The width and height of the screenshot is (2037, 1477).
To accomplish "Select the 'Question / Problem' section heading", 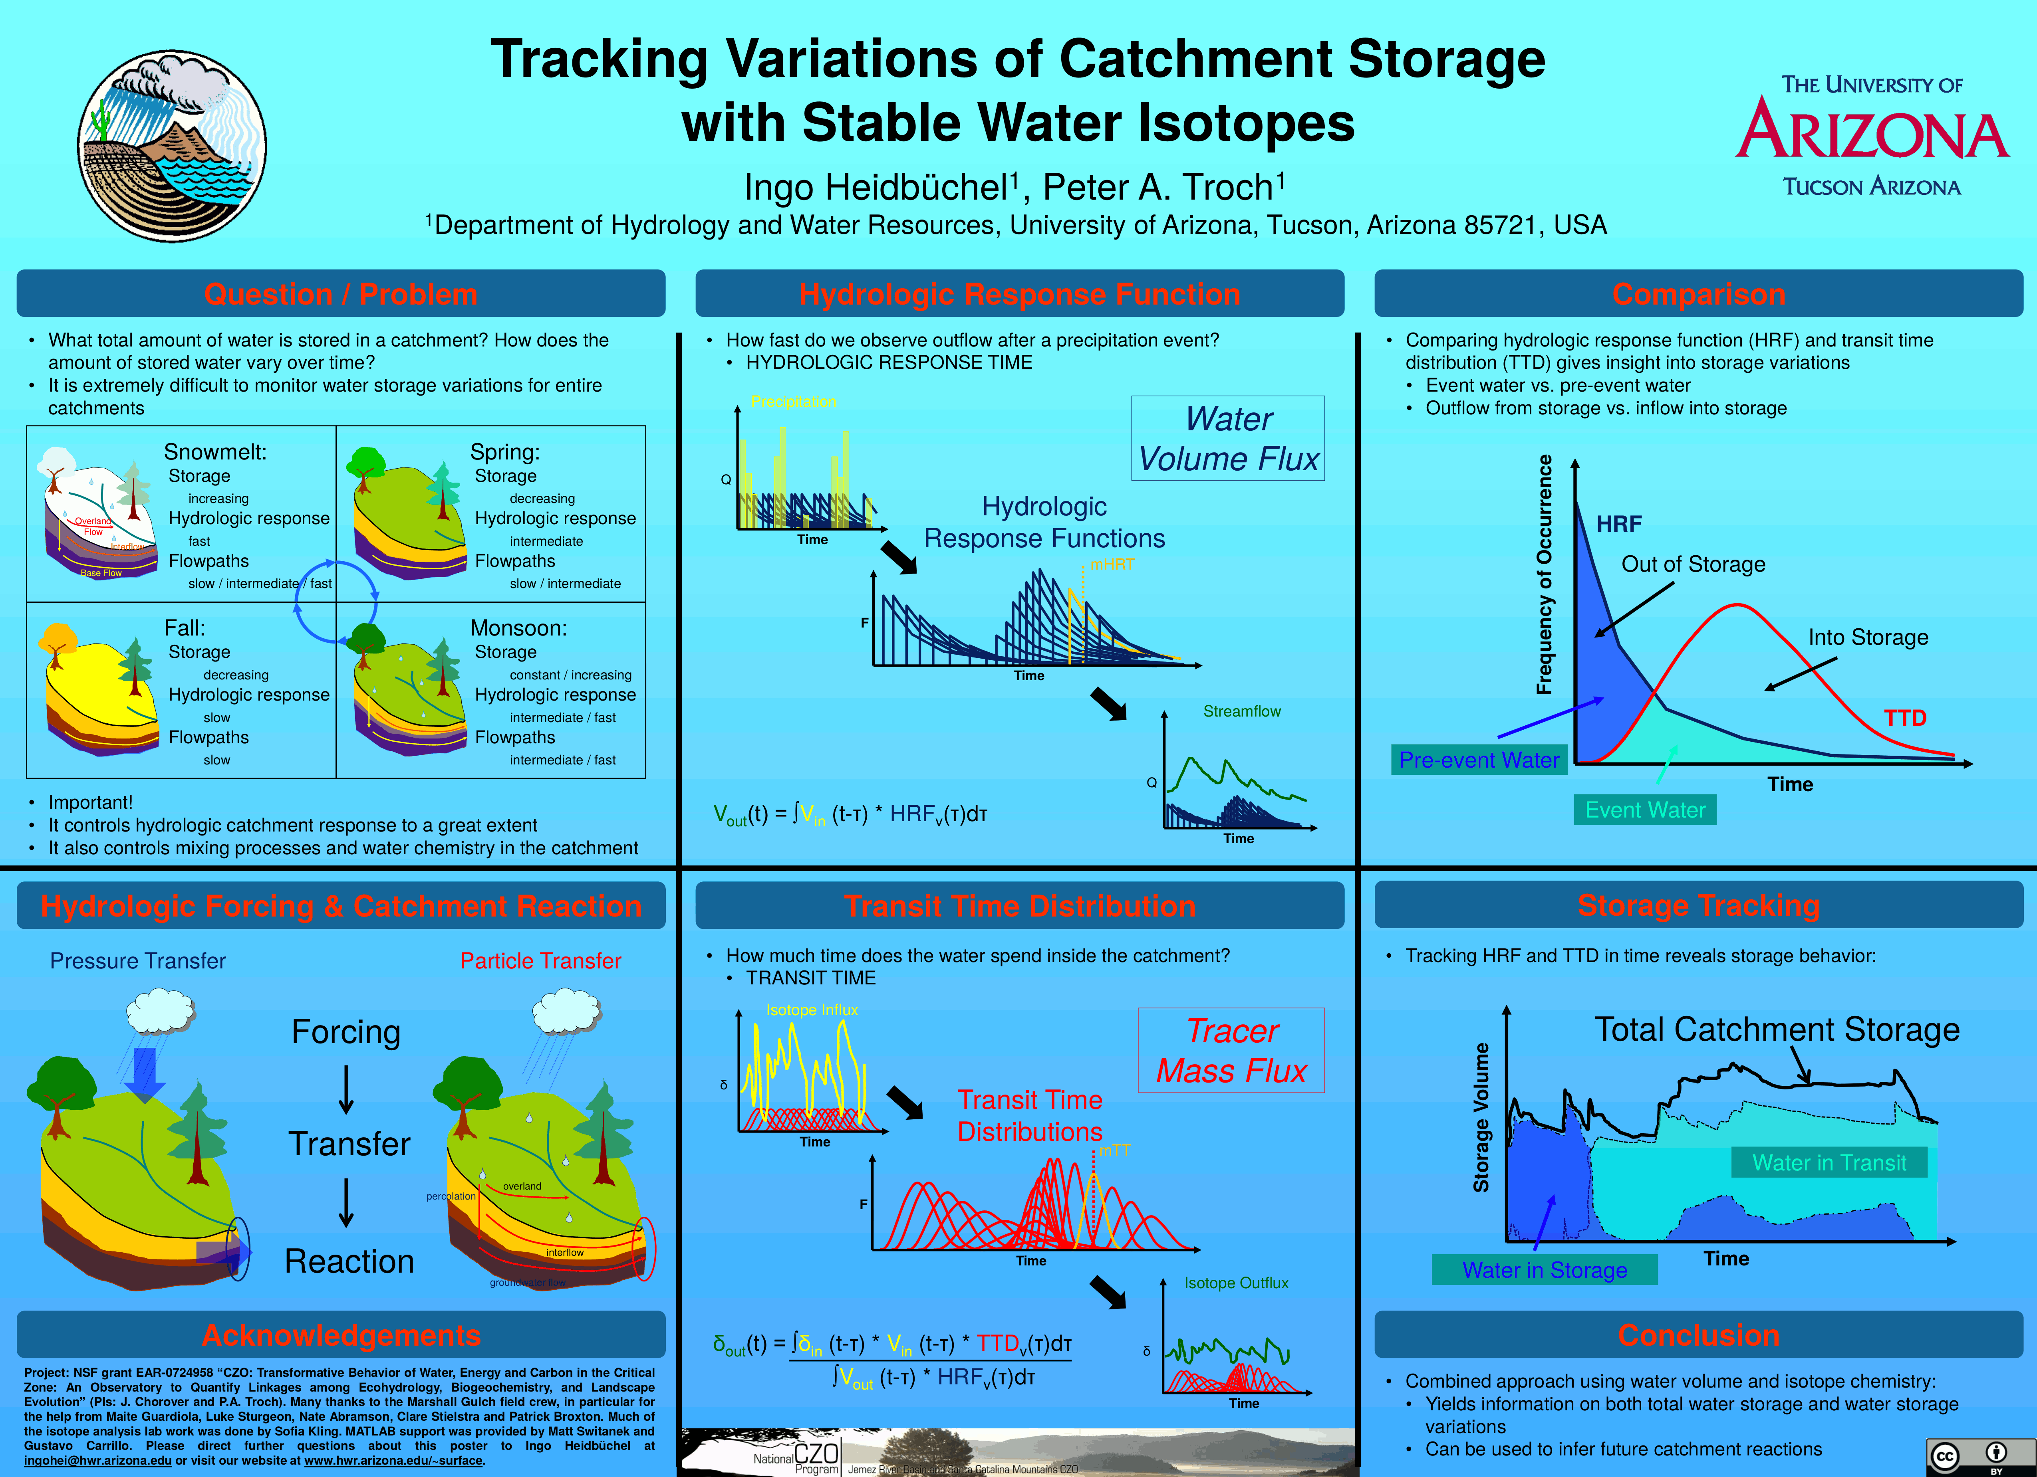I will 340,295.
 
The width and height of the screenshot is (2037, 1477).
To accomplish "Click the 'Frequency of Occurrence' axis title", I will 1544,575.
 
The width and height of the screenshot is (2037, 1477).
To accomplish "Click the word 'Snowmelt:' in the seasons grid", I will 214,451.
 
